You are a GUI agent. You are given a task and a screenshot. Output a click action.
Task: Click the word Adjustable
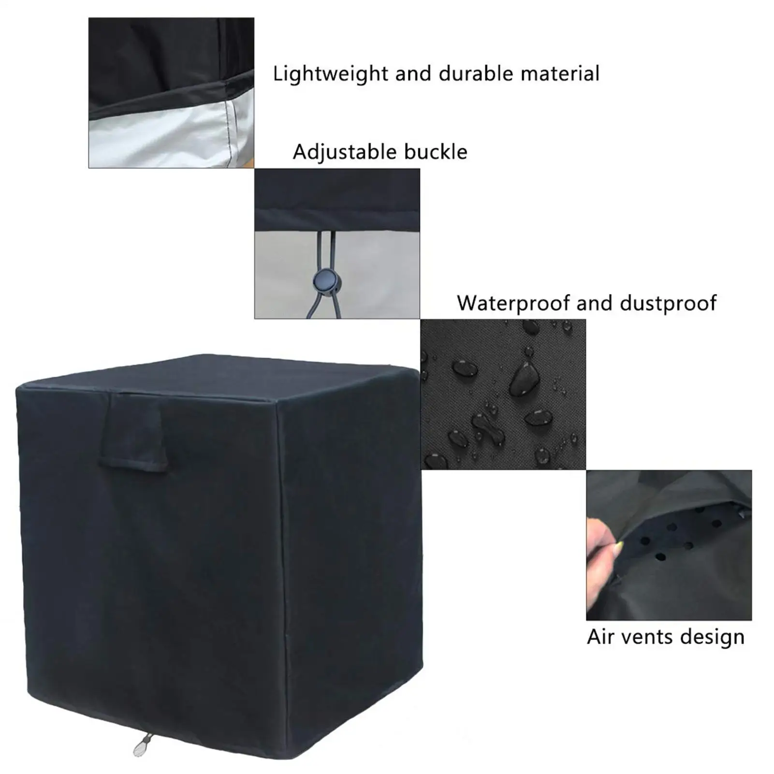click(344, 152)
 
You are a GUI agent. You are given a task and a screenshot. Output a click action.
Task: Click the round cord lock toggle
click(323, 280)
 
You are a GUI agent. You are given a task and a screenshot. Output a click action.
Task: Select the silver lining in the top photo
click(160, 140)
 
